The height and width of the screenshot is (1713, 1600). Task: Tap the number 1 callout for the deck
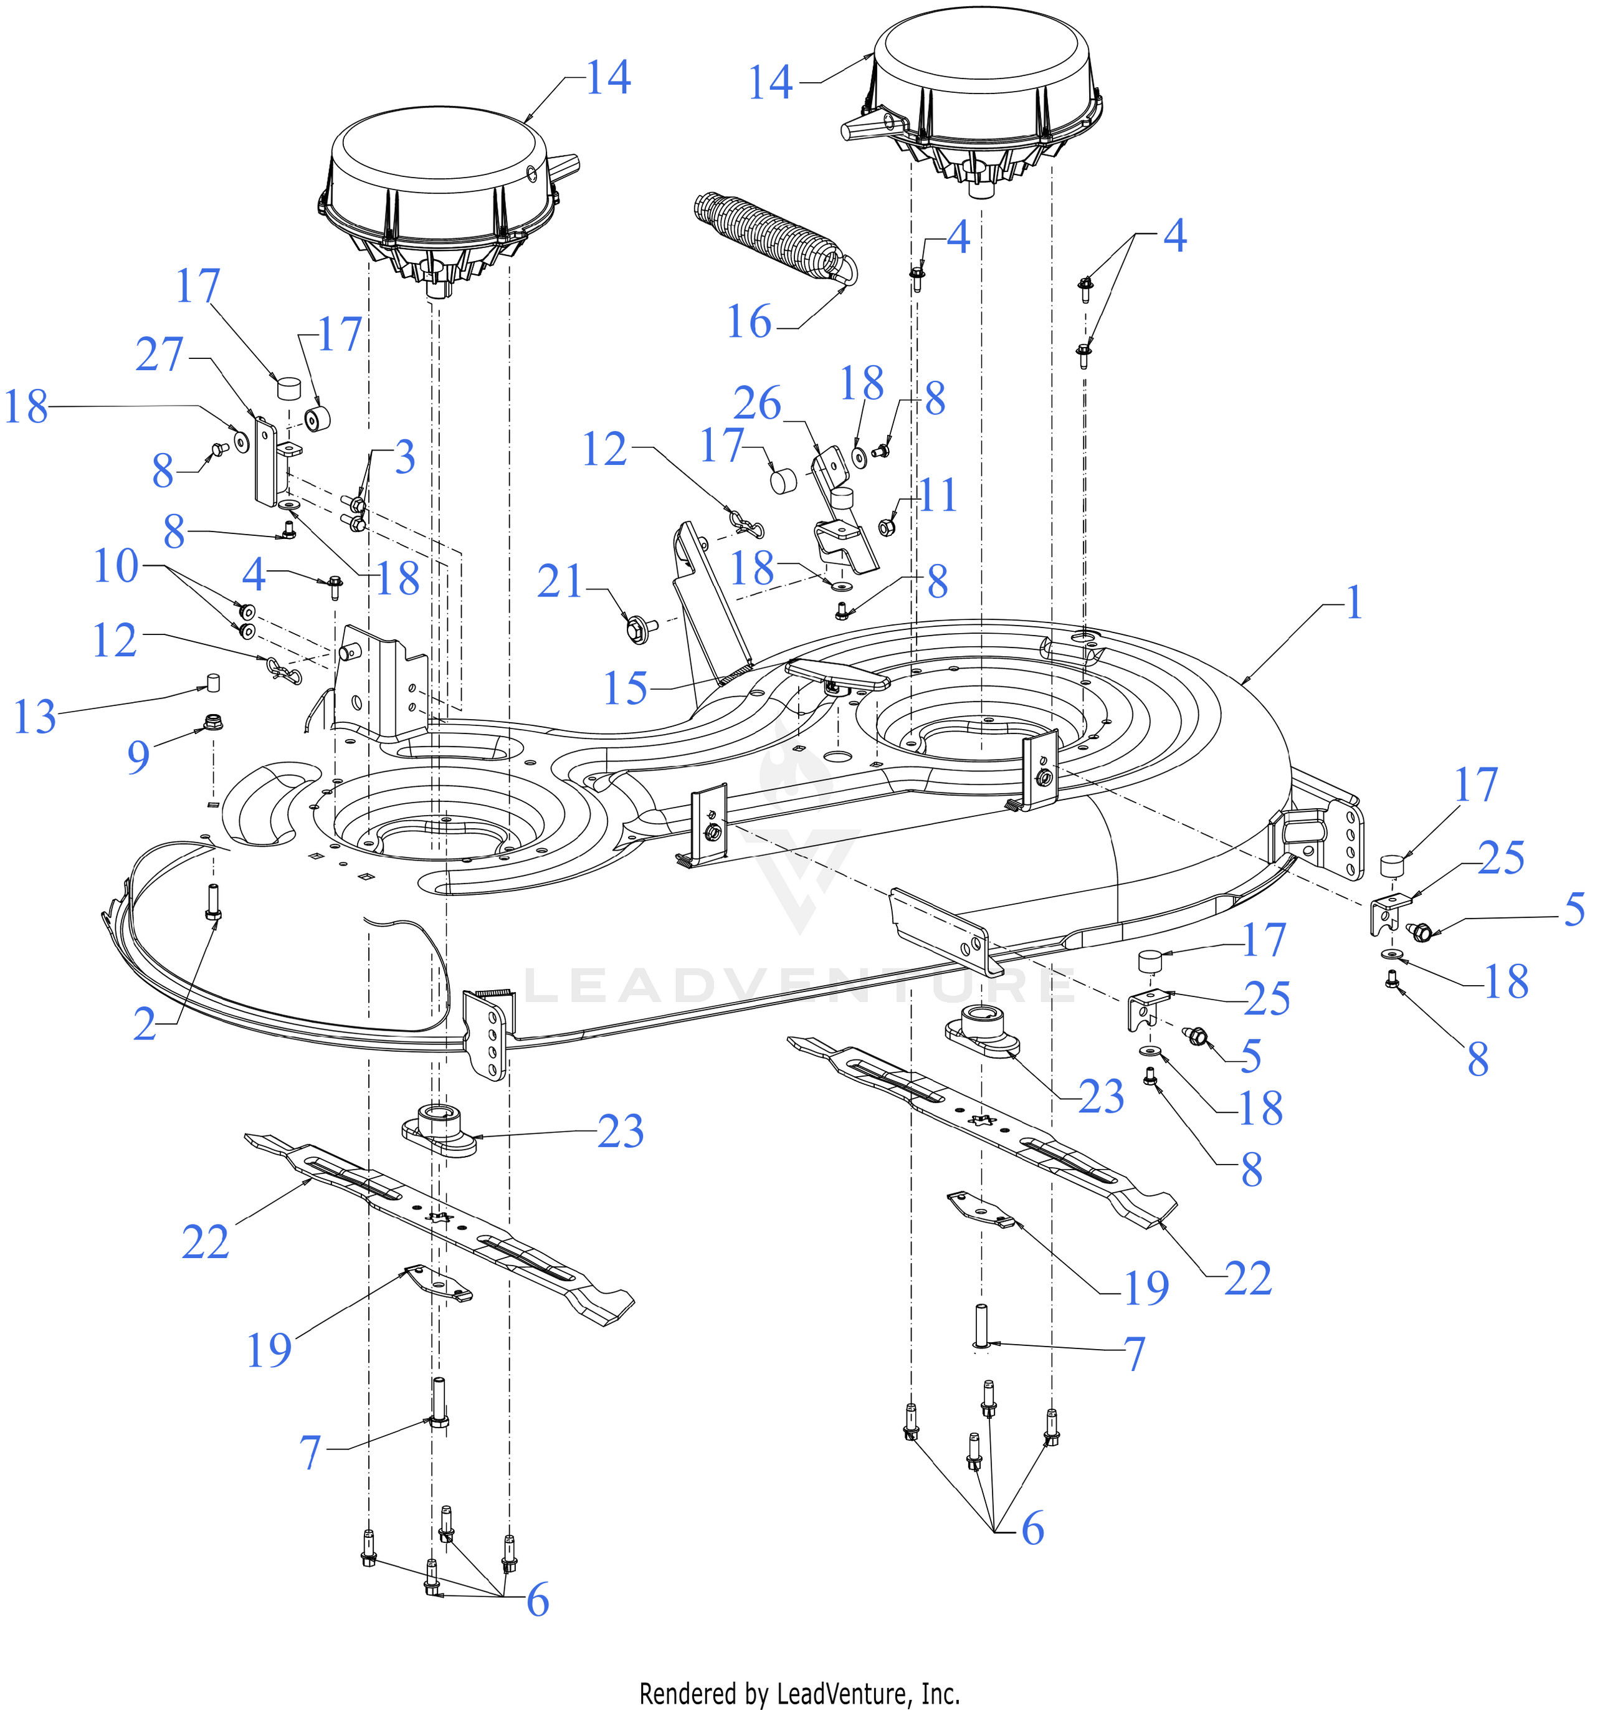(x=1353, y=603)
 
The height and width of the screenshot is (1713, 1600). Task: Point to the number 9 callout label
(x=138, y=756)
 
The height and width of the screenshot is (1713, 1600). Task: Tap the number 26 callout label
(x=758, y=403)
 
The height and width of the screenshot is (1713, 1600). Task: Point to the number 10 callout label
(x=115, y=566)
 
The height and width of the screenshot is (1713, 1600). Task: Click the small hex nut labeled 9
(x=209, y=720)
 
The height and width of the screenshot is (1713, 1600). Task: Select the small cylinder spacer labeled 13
(x=212, y=684)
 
